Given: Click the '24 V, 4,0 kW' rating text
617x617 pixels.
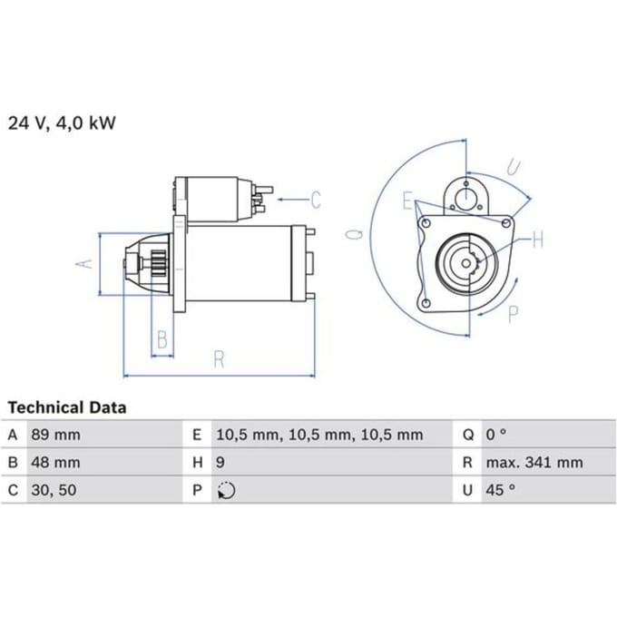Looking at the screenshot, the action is pos(62,123).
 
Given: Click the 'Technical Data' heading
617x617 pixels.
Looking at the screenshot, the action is pos(67,407).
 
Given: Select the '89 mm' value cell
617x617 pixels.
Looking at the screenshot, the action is pos(55,435).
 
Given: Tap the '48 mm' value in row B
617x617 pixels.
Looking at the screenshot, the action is pos(55,463).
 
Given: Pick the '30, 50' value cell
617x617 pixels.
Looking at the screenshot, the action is pos(54,490).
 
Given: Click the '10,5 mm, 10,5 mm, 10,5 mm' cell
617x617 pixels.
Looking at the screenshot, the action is pos(320,435).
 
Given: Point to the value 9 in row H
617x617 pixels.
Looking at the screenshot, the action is pos(220,463).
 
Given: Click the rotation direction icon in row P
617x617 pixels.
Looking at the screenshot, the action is pos(226,491).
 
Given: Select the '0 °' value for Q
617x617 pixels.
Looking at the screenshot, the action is pos(496,435).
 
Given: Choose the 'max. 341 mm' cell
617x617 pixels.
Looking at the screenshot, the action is pos(534,463).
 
